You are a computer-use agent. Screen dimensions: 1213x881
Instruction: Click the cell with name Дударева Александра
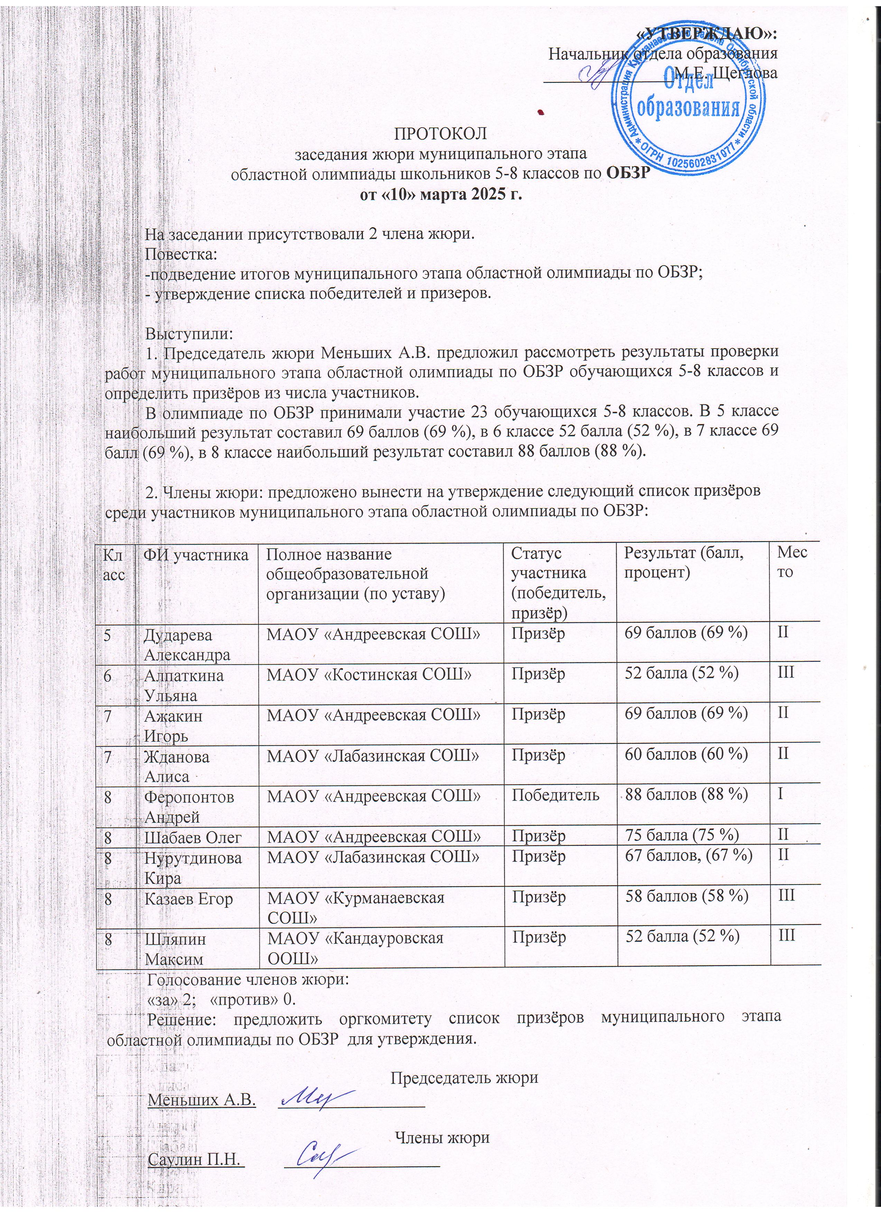187,645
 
